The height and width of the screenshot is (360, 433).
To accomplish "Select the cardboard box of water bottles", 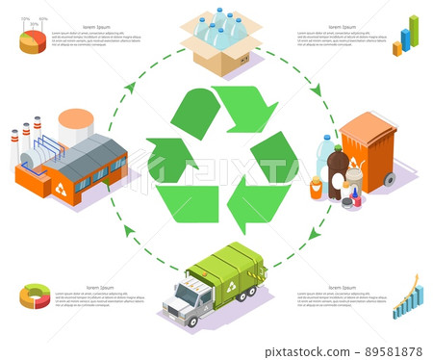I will (220, 42).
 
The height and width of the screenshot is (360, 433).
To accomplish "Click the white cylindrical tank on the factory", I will (75, 126).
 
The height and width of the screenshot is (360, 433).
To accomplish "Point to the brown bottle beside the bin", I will (338, 172).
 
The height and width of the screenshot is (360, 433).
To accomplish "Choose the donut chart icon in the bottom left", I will (35, 296).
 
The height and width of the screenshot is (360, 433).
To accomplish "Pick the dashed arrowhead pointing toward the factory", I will (130, 88).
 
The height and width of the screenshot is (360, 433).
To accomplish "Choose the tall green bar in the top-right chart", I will (414, 30).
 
